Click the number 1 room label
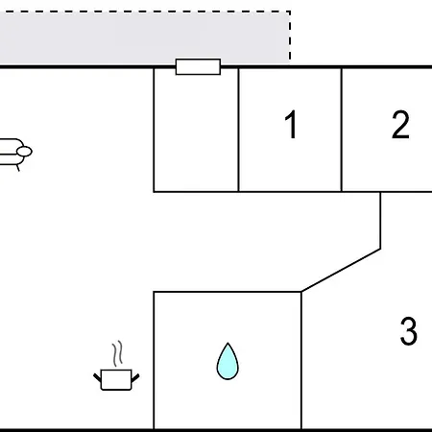[x=291, y=125]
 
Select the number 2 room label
[x=400, y=125]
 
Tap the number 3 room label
[x=409, y=331]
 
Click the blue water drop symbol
[x=228, y=361]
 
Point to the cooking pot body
[x=116, y=380]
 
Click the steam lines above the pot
[x=117, y=353]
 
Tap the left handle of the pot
[x=97, y=377]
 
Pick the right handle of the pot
[x=135, y=377]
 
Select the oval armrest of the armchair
[x=24, y=152]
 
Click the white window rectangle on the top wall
[x=198, y=66]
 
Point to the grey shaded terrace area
[x=144, y=38]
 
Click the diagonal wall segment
[x=341, y=270]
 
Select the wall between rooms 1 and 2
[x=342, y=130]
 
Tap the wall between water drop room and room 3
[x=301, y=360]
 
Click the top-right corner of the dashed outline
[x=290, y=12]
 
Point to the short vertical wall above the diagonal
[x=380, y=220]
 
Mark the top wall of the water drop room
[x=228, y=292]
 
